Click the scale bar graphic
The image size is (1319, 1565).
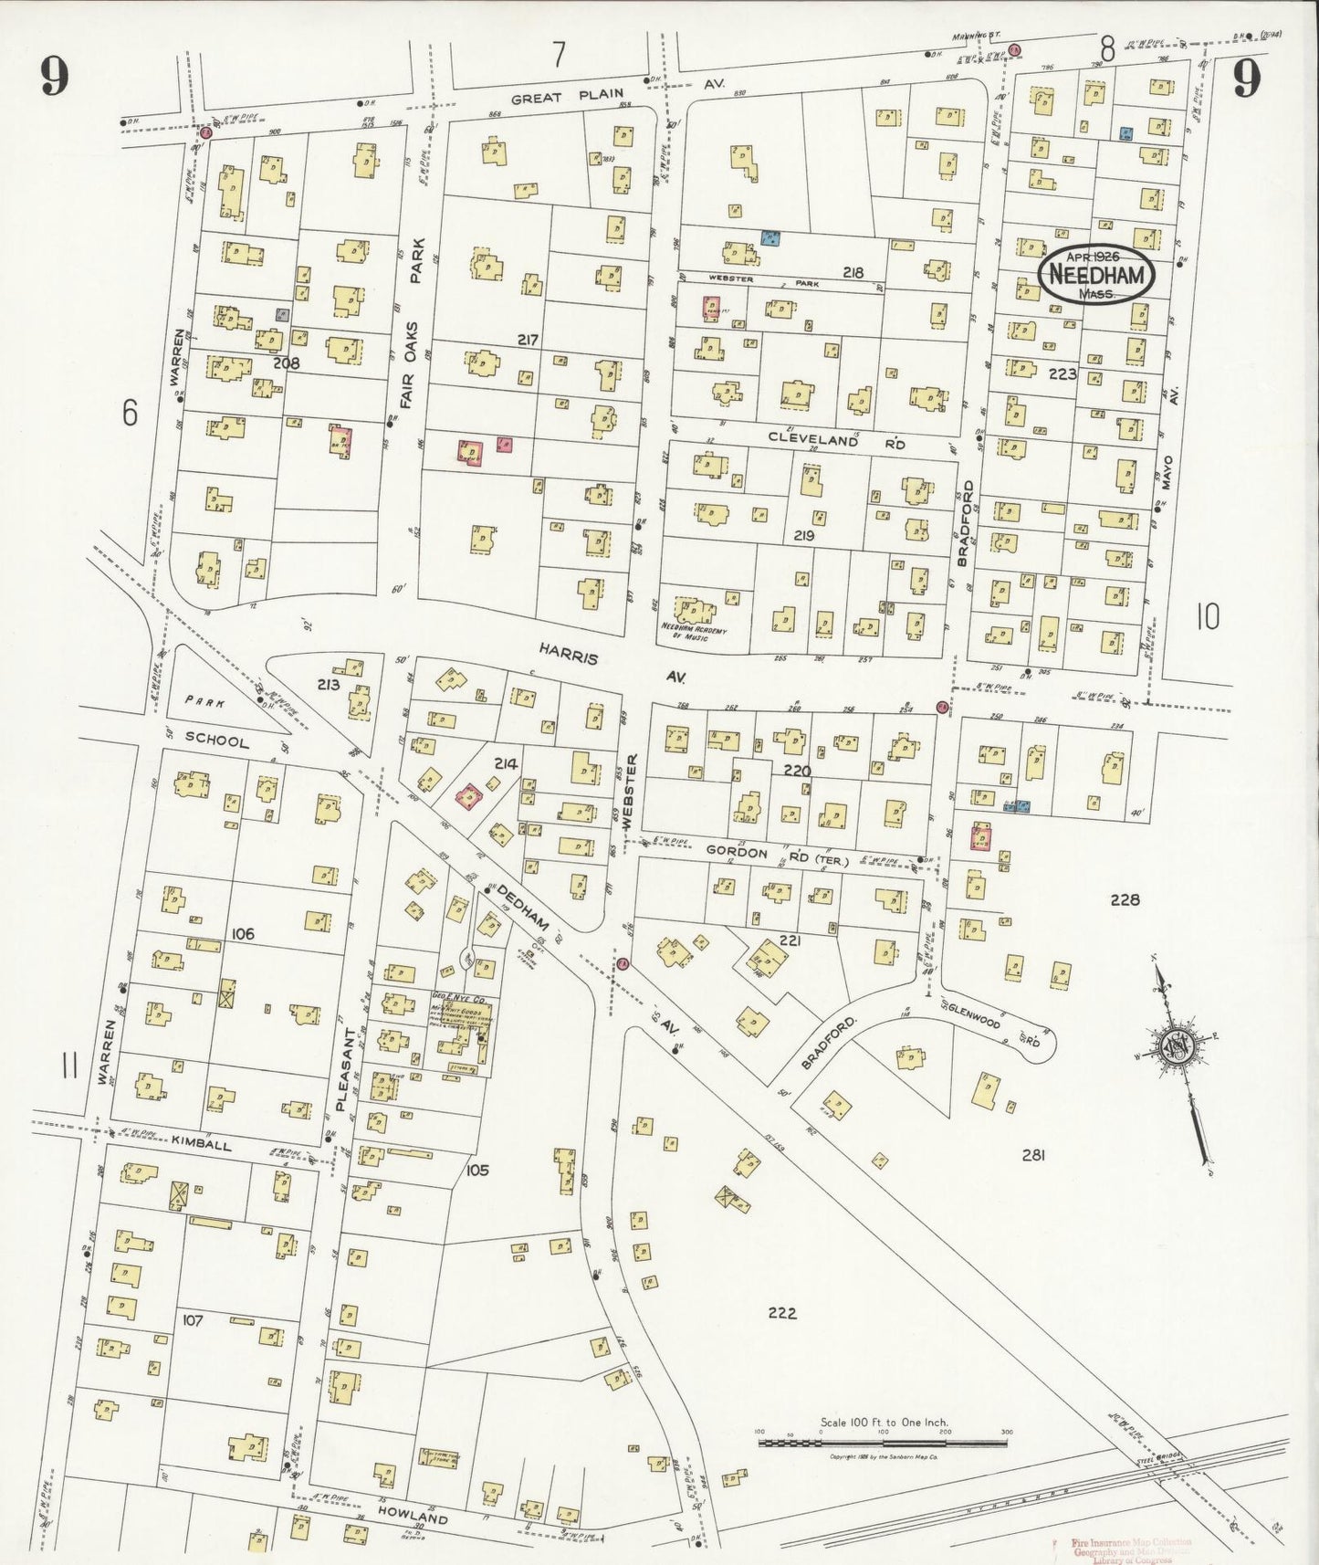click(x=883, y=1443)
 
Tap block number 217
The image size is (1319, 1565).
click(x=527, y=341)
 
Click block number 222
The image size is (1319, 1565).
click(x=782, y=1313)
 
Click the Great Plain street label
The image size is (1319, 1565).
click(x=567, y=96)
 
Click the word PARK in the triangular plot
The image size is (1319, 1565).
click(x=205, y=701)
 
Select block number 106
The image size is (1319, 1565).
click(x=243, y=934)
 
